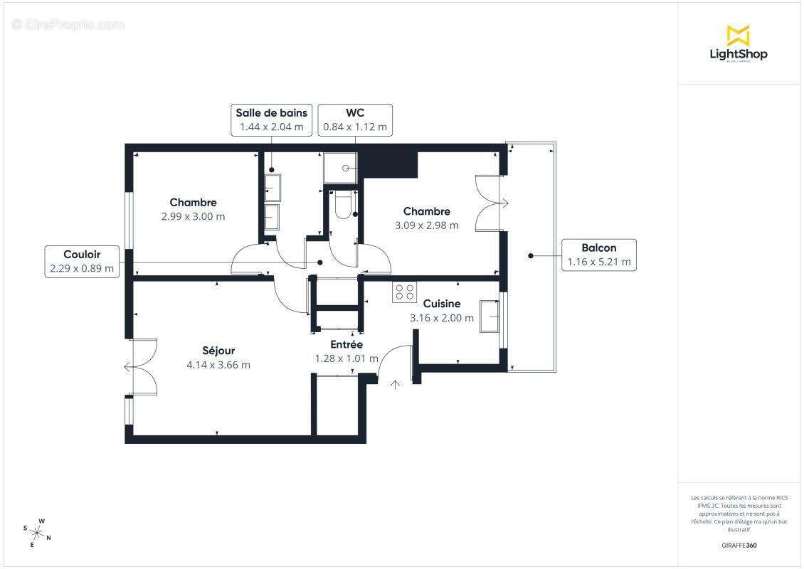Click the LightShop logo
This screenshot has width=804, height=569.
point(739,43)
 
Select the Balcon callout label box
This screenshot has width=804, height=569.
point(598,255)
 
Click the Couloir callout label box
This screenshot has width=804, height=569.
point(82,261)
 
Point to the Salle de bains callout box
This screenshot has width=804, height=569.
point(272,119)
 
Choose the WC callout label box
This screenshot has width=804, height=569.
point(355,119)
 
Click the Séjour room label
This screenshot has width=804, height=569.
point(218,351)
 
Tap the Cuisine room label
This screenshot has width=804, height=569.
point(442,304)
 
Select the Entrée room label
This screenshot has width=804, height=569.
point(347,344)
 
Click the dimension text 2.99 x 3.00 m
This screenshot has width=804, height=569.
point(193,216)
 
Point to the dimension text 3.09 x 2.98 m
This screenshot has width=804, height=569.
point(426,225)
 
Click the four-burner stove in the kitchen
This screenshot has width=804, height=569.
point(405,292)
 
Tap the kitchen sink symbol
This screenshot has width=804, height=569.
point(490,316)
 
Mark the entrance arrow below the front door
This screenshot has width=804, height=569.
point(396,385)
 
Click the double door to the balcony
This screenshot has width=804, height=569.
point(491,203)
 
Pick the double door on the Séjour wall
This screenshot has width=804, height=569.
point(142,367)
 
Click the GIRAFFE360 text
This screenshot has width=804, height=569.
point(739,546)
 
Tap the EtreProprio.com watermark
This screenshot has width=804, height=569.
point(68,25)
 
